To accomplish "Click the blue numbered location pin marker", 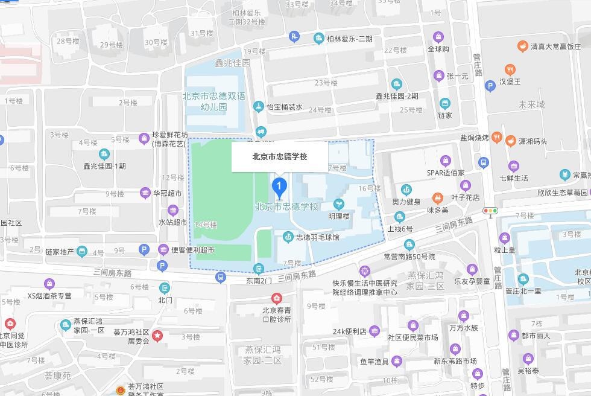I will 279,187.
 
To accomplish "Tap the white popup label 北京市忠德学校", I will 280,156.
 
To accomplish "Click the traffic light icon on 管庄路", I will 490,211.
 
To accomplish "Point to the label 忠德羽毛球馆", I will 318,238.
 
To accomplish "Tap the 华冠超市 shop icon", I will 145,193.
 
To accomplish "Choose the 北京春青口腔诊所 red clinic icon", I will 276,298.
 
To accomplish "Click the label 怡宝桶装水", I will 285,107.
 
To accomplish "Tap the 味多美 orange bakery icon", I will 438,198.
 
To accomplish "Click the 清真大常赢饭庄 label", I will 555,46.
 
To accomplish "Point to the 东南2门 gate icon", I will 259,269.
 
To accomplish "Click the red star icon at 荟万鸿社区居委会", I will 157,336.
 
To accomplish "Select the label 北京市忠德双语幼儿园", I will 214,101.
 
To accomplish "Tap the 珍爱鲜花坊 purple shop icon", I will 144,139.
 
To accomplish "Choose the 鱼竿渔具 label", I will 374,362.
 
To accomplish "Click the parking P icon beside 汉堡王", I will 490,86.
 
